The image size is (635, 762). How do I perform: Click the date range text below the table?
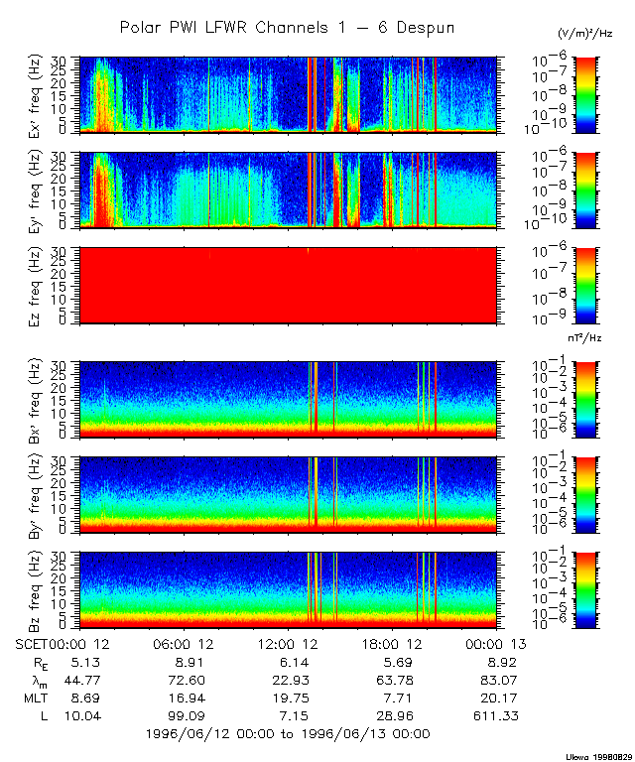tap(287, 734)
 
